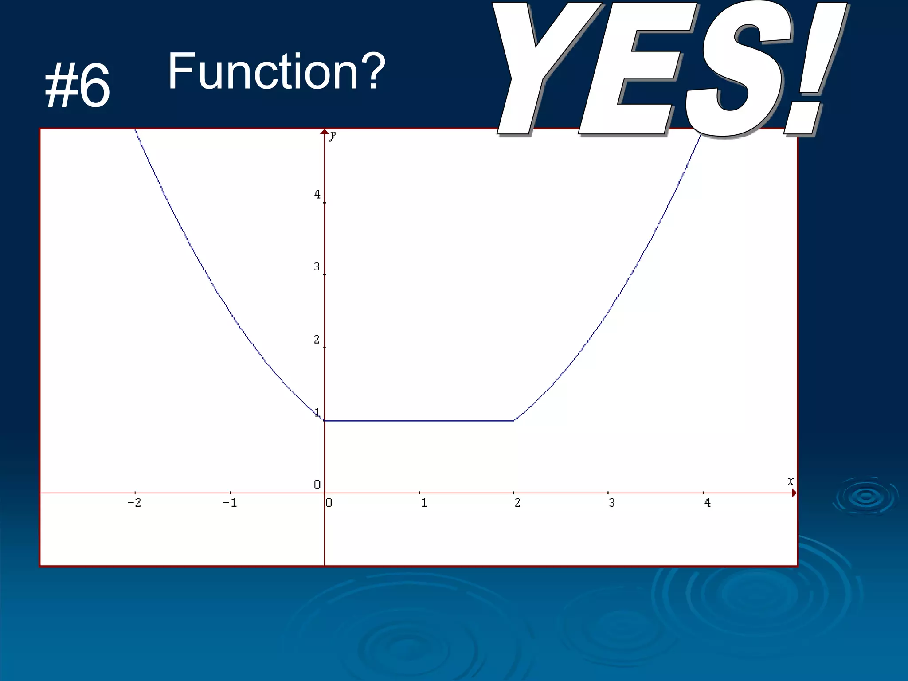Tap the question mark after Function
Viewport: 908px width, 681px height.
click(x=371, y=71)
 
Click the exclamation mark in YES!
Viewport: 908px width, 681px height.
click(x=814, y=67)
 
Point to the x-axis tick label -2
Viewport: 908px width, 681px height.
click(x=134, y=503)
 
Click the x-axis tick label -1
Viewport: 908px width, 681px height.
click(x=230, y=503)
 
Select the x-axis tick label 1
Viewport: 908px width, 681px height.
click(x=424, y=503)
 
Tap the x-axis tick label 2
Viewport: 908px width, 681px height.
click(x=517, y=503)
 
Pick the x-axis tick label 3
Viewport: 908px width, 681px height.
click(x=612, y=503)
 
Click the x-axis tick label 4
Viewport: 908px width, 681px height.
click(x=708, y=503)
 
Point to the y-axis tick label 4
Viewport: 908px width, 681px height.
click(x=317, y=194)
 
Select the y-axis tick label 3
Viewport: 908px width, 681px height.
click(x=317, y=266)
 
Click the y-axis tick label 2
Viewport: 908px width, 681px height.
click(x=317, y=340)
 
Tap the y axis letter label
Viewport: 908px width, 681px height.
click(x=333, y=135)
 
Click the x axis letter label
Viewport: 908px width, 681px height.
click(x=791, y=481)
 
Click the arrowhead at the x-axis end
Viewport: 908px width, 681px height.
click(x=794, y=493)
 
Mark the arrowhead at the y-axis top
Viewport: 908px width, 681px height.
click(x=325, y=132)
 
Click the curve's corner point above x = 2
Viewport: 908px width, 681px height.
click(x=514, y=420)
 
